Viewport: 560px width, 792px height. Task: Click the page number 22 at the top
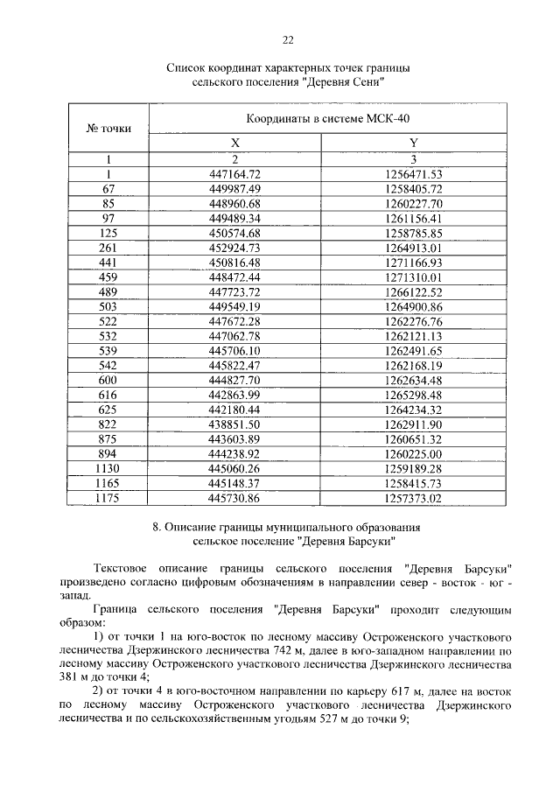click(287, 39)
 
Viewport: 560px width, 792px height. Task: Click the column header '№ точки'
click(108, 128)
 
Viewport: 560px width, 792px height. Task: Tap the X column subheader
click(235, 143)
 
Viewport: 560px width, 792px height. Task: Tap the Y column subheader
click(414, 143)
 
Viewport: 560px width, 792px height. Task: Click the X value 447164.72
click(235, 173)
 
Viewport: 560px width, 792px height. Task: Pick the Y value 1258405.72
click(414, 188)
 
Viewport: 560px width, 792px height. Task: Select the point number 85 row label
click(108, 203)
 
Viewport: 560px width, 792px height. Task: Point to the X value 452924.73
click(235, 248)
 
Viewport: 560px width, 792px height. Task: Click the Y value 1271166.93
click(414, 263)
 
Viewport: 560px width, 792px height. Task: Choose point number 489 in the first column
click(108, 291)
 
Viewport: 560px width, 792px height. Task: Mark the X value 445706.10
click(235, 351)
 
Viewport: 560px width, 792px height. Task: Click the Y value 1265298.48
click(414, 396)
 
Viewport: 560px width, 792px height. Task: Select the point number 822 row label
click(108, 425)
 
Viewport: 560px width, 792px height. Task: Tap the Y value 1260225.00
click(414, 455)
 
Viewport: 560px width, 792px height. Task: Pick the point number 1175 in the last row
click(108, 499)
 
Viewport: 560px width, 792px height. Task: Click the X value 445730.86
click(235, 499)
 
